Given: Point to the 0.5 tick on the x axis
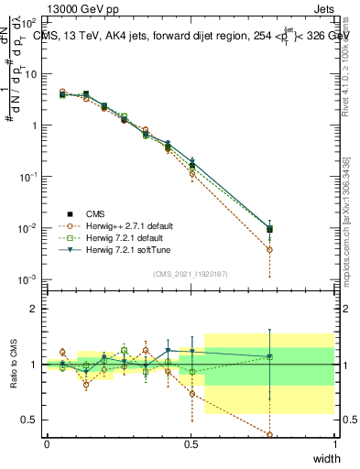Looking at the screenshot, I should tap(191, 444).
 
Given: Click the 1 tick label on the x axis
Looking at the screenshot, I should tap(335, 444).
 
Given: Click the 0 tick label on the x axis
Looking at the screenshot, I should tap(47, 444).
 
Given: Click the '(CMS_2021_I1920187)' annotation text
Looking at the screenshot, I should tap(190, 273).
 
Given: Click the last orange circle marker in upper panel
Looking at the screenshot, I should tap(270, 249).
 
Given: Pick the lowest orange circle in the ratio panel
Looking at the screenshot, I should tap(270, 434).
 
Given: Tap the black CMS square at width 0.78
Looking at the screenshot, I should tap(270, 229).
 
